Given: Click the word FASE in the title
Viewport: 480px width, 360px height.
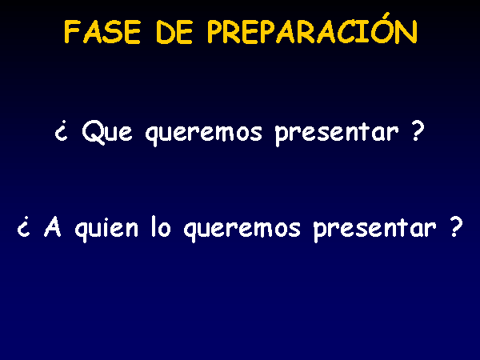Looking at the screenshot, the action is [x=102, y=32].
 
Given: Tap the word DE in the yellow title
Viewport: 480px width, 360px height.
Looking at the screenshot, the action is [x=174, y=32].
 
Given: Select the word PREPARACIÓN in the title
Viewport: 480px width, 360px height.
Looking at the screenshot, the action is [x=312, y=29].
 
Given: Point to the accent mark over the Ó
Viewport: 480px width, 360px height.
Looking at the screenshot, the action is [x=386, y=16].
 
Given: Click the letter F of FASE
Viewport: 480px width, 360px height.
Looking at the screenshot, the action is [x=70, y=32].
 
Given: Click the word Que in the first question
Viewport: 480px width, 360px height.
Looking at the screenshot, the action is [x=107, y=132].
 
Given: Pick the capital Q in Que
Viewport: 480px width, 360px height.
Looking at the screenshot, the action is [x=93, y=132].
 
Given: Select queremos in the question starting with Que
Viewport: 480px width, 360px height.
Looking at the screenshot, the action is [x=204, y=134].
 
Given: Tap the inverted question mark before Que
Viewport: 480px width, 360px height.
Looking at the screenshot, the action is [x=61, y=132].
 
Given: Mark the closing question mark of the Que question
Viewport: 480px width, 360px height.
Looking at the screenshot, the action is [x=417, y=130].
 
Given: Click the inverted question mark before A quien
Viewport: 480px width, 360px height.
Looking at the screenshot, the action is [x=23, y=227].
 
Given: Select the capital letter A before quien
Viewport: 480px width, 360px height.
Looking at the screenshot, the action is [x=53, y=227].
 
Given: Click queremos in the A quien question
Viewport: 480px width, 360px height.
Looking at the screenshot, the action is [x=242, y=230].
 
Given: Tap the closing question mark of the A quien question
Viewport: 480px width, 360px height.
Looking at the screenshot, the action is [x=455, y=226].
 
